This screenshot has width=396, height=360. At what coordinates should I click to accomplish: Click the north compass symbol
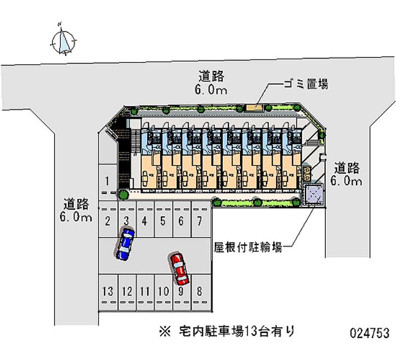coord(63,40)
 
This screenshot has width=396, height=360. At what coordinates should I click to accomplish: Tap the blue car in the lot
coord(125,243)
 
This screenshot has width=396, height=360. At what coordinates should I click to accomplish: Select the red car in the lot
coord(179,268)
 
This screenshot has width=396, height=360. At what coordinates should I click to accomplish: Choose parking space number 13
coord(107,291)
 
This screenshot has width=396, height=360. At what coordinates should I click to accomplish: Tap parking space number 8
coord(199,291)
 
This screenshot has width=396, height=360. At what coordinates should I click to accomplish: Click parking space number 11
coord(145,291)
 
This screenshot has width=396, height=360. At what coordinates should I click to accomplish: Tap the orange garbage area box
coord(254,107)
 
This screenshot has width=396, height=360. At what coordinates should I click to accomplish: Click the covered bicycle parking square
coord(313,194)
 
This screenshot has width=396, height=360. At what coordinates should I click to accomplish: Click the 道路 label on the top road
coord(212,76)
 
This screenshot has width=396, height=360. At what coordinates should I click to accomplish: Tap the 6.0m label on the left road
coord(76,217)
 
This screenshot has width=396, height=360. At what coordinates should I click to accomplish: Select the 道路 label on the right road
coord(346,167)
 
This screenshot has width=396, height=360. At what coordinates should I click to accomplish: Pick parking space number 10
coord(163,291)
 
